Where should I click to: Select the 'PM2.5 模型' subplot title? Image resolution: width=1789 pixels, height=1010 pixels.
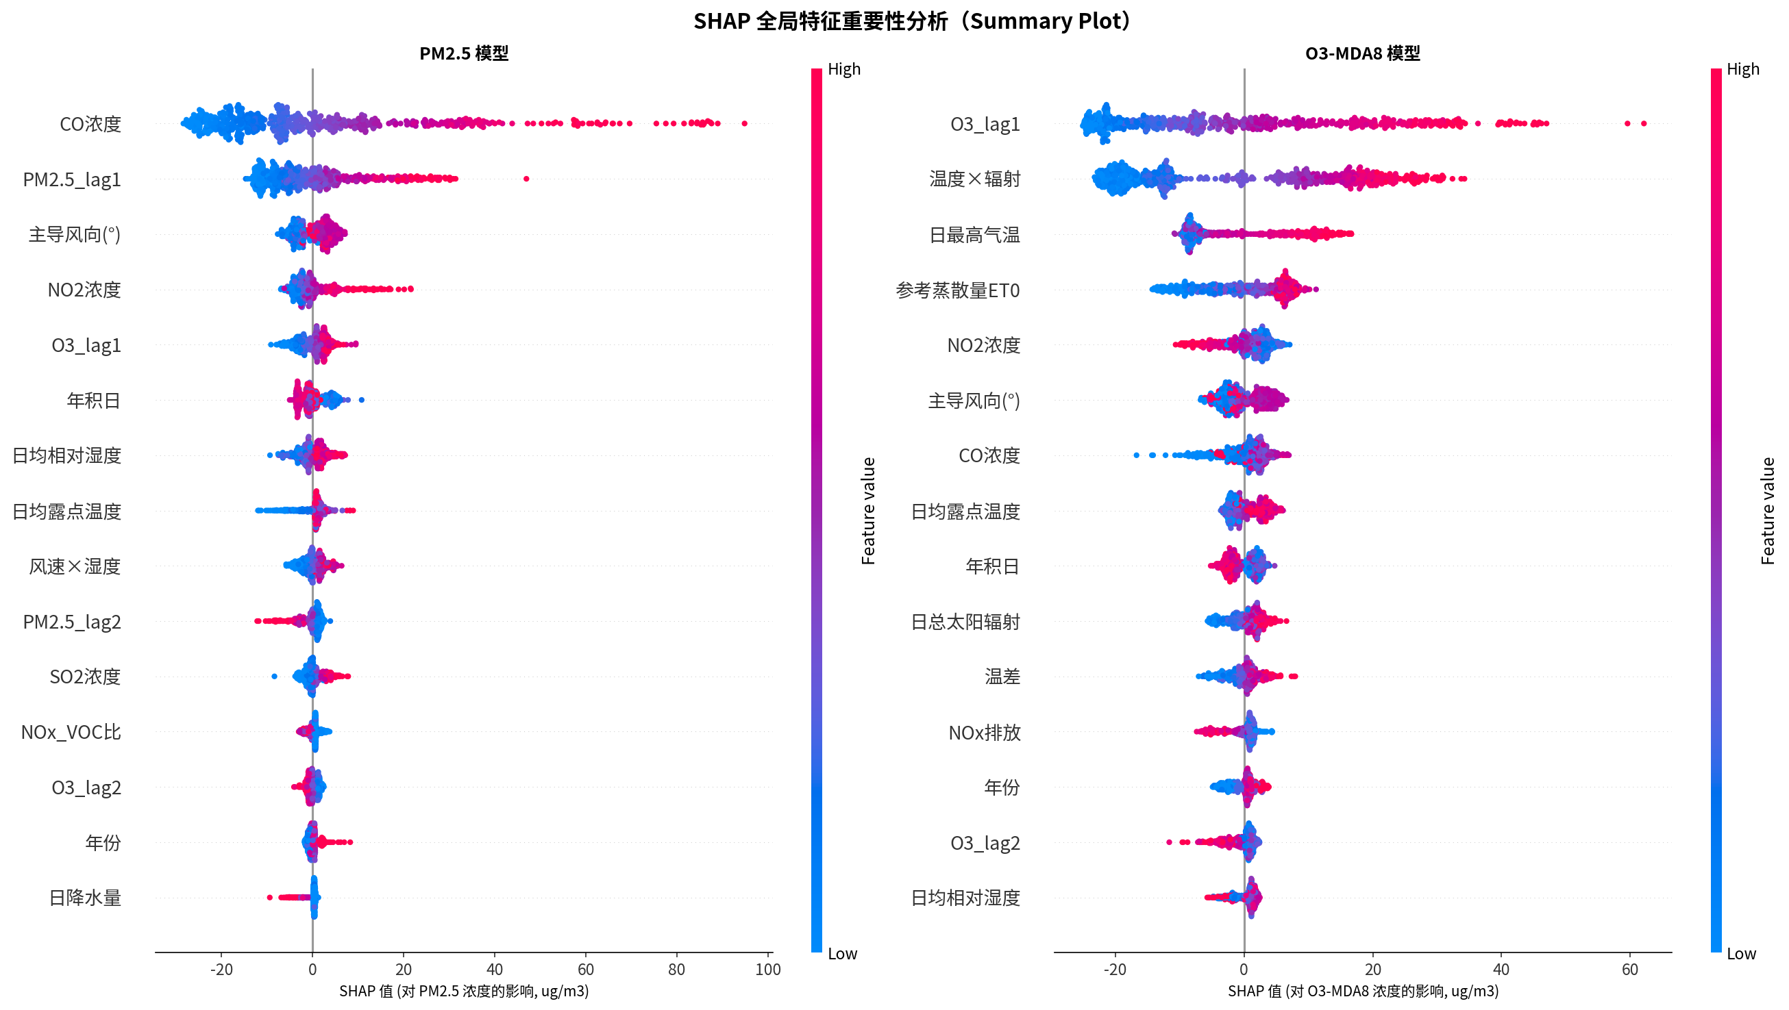464,53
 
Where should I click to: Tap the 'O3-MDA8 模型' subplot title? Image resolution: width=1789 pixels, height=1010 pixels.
1362,53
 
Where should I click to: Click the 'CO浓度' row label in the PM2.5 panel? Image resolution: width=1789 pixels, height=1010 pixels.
90,124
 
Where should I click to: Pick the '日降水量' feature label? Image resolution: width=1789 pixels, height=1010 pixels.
85,898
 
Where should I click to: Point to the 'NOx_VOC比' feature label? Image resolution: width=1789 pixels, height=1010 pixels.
71,733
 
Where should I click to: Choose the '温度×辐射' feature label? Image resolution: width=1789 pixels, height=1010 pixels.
974,179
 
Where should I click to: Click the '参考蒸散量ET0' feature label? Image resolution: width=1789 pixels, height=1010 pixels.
957,290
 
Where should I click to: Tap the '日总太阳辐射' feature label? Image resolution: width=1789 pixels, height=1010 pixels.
965,622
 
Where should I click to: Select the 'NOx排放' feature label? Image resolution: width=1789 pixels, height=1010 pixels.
984,733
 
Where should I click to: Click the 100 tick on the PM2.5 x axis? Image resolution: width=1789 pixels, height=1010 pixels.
767,970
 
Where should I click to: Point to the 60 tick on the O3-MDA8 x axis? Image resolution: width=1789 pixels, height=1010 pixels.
1629,970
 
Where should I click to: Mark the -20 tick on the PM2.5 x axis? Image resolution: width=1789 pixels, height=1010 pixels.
221,970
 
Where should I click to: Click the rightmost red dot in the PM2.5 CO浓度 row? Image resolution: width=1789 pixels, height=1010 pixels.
745,123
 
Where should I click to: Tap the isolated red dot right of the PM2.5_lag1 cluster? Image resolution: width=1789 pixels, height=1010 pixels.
526,179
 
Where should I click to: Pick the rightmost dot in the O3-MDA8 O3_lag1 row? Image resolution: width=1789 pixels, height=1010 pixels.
1643,123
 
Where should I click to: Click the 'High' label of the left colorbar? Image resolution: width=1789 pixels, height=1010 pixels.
844,69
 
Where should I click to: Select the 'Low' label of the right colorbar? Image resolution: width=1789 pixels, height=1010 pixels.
1741,954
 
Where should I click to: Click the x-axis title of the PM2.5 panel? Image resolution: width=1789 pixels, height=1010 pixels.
463,992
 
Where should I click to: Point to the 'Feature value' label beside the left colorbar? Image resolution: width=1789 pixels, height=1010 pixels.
868,511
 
